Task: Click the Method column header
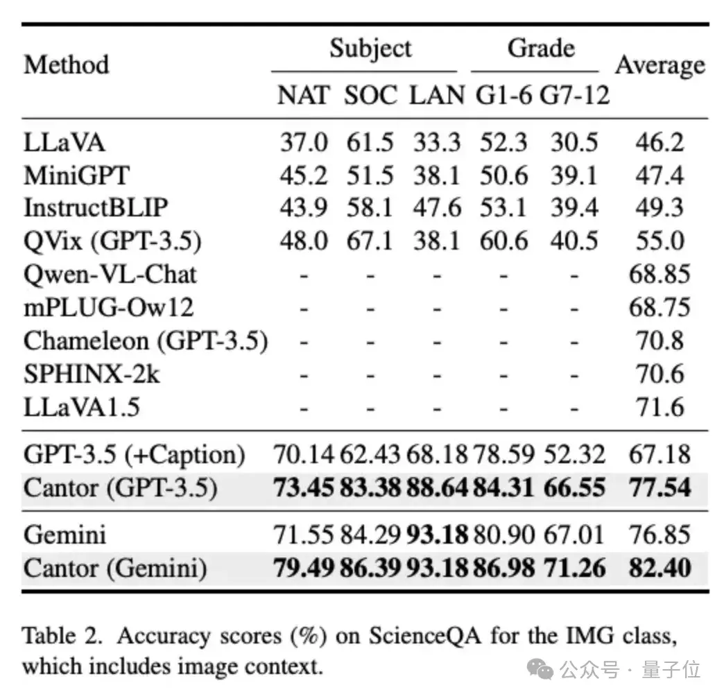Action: [67, 64]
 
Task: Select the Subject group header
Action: [370, 49]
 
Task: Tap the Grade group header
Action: [541, 49]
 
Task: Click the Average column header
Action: [660, 65]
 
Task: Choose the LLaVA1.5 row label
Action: [82, 407]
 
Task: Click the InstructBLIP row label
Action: [96, 207]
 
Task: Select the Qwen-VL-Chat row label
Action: [110, 274]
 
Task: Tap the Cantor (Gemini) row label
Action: [115, 568]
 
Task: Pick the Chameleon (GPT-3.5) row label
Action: [146, 340]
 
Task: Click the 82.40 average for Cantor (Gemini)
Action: [660, 568]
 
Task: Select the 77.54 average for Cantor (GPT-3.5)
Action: [660, 487]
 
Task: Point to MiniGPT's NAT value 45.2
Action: [303, 175]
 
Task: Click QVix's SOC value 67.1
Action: [370, 241]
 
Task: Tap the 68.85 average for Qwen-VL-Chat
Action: [660, 274]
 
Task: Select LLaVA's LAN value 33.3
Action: [437, 142]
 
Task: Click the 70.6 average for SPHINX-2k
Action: [660, 374]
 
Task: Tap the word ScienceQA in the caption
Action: [402, 636]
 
